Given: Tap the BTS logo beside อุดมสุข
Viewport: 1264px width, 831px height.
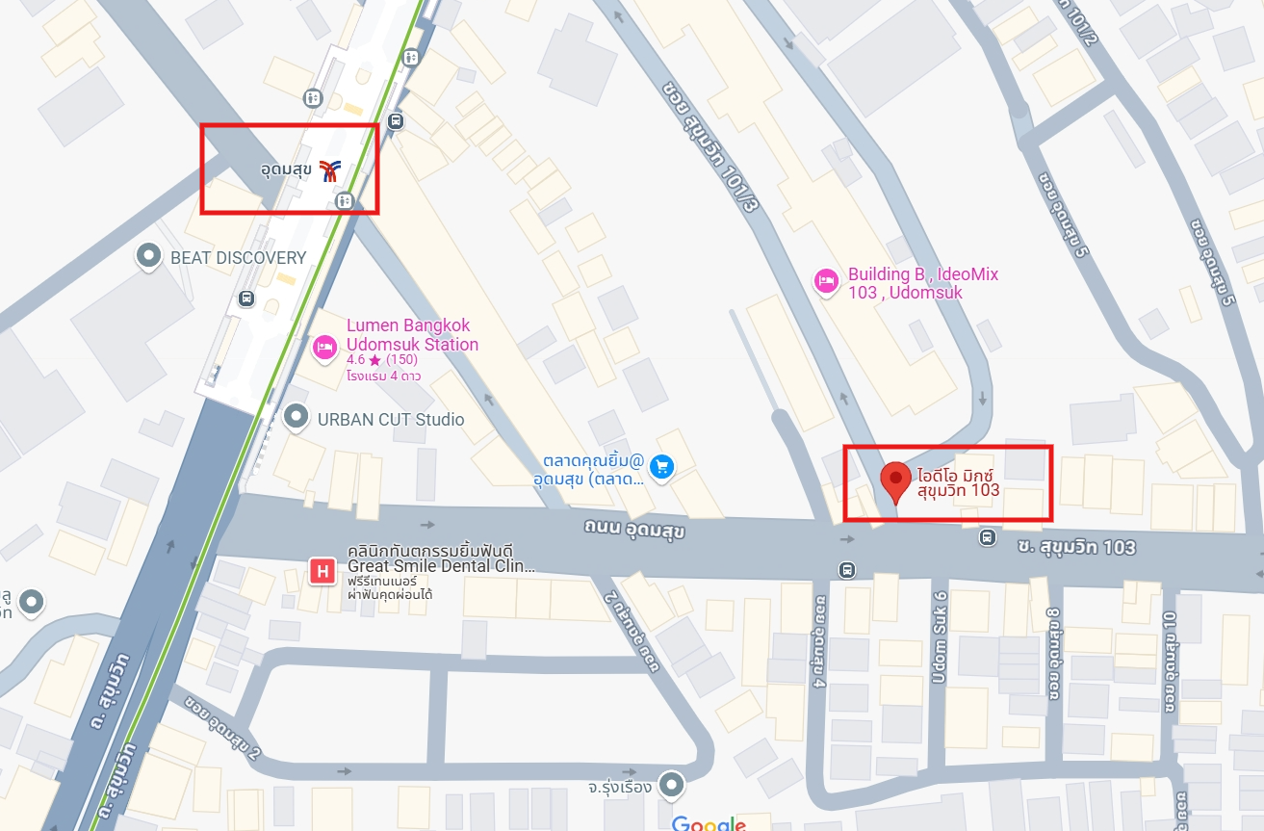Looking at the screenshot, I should [x=329, y=170].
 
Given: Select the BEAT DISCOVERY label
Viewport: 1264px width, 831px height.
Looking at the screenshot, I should [x=238, y=258].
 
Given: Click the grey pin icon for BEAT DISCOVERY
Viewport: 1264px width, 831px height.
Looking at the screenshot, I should [x=149, y=256].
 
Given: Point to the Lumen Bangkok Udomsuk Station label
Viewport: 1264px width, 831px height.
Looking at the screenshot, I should [x=412, y=335].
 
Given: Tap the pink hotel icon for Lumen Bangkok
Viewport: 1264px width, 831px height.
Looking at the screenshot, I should [x=324, y=346].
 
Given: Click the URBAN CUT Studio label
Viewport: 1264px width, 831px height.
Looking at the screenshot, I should [x=391, y=420].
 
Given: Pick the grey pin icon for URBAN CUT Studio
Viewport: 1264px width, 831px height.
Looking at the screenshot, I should [x=297, y=417].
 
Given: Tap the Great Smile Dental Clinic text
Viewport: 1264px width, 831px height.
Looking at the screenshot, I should [x=440, y=566].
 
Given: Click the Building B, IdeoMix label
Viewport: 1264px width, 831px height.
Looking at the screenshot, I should [x=923, y=283].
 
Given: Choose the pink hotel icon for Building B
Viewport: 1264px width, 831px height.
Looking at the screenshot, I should [x=825, y=281].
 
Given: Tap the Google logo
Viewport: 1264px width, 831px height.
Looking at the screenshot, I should [x=709, y=823].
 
